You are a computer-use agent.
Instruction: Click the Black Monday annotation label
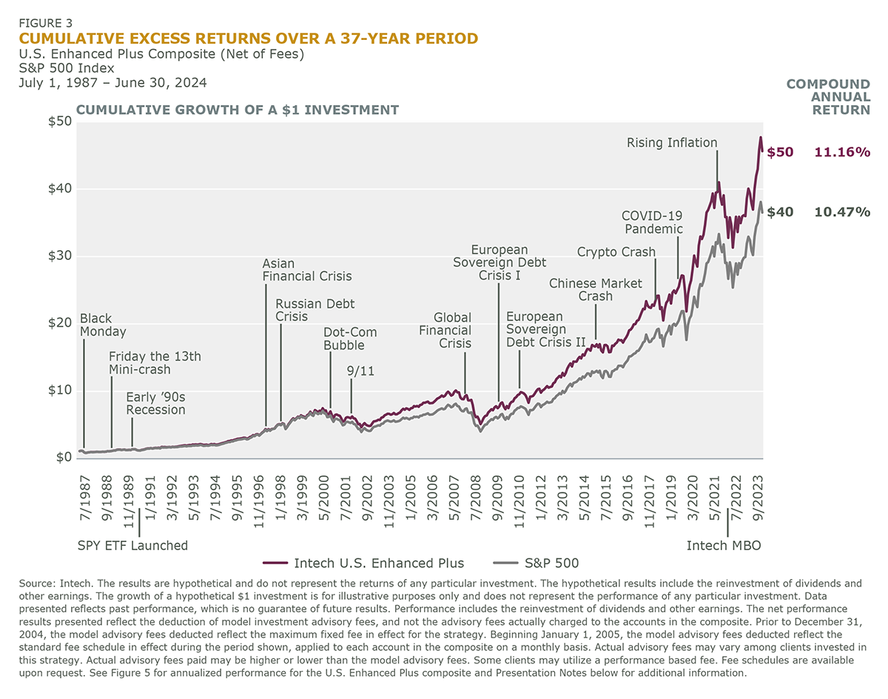tap(103, 325)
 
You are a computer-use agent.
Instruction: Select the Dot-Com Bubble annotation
tap(349, 338)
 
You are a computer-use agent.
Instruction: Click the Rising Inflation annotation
tap(672, 142)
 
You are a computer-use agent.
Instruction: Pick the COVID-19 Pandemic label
tap(652, 222)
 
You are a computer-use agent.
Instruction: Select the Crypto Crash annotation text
tap(616, 252)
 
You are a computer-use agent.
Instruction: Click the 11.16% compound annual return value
tap(842, 153)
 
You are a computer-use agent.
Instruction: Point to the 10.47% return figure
tap(842, 212)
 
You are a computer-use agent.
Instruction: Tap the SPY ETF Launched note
tap(133, 546)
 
